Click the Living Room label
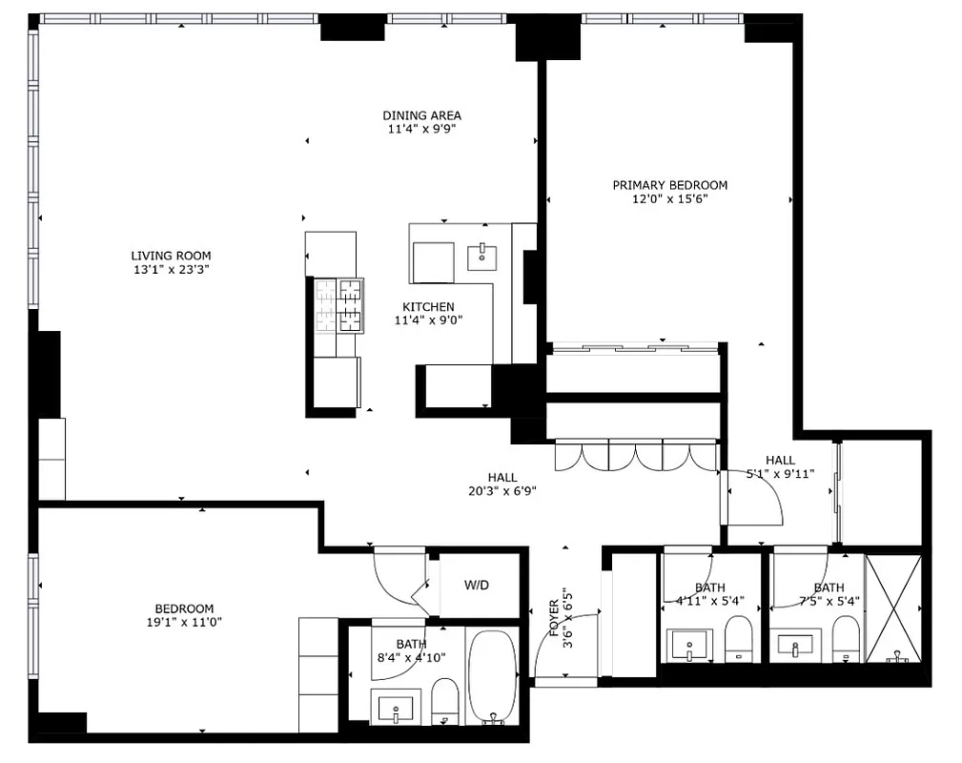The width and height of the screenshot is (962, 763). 171,256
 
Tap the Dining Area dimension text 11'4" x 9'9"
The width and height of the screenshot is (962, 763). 422,130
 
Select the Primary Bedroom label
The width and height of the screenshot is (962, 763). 669,185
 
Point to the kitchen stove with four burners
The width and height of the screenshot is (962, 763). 339,305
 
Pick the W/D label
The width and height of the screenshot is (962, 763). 477,585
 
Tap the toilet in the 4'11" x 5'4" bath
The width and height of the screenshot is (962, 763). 738,638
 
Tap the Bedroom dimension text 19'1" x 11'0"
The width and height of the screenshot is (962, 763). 184,623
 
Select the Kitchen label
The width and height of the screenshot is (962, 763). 428,307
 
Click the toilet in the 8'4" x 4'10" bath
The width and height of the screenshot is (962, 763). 444,701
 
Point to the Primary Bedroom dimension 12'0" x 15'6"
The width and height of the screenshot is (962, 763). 669,199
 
